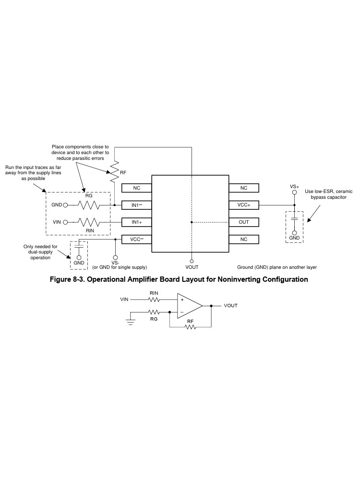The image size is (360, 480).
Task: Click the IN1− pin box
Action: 136,205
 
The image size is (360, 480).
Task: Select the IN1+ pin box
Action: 136,222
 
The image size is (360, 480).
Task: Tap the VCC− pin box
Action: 136,239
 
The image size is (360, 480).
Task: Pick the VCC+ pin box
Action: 244,205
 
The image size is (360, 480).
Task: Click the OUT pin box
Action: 244,222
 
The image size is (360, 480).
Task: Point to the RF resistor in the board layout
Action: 114,172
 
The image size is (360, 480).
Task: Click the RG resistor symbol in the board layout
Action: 89,205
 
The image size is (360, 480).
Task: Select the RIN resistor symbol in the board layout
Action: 89,222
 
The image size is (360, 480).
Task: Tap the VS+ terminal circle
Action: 294,192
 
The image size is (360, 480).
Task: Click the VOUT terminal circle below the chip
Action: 192,262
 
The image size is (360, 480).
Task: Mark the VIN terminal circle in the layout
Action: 65,222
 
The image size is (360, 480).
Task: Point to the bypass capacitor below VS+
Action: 294,218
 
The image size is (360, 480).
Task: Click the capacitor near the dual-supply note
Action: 79,245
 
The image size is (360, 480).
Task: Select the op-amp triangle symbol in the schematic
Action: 190,306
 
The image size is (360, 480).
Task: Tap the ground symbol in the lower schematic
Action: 131,322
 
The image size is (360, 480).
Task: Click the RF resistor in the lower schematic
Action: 190,327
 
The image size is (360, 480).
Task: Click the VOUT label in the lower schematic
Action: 230,305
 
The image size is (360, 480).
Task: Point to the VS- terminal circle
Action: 115,258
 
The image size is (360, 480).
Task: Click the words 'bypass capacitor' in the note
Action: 328,197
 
